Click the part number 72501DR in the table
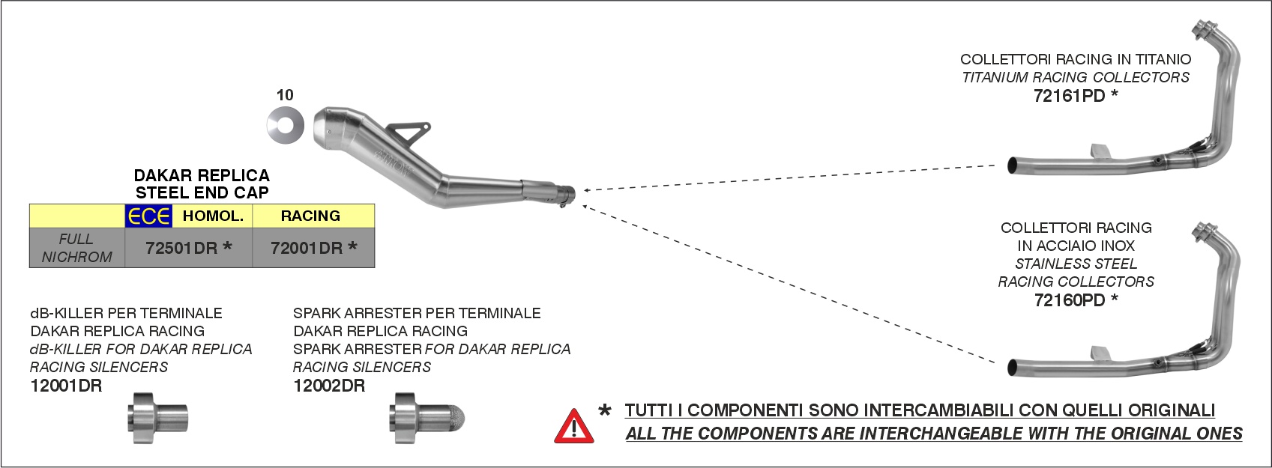181,248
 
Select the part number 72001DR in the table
307,248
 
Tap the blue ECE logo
148,216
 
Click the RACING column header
310,216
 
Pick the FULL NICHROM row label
76,248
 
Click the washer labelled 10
285,126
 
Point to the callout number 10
285,95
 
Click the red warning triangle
574,427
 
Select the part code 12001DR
66,386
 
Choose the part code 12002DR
329,386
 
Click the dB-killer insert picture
157,418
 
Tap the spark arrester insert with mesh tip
427,418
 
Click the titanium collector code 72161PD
1070,96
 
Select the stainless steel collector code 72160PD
1070,300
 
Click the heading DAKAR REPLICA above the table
202,175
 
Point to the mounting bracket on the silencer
408,135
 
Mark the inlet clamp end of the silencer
566,195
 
